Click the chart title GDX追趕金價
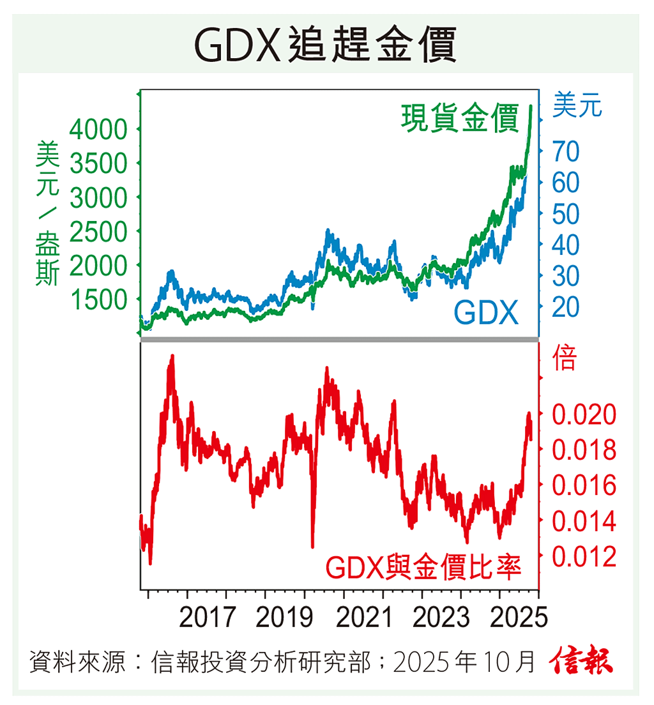pos(326,43)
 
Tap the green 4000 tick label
pos(98,131)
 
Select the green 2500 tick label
pos(98,232)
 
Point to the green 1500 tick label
pos(98,299)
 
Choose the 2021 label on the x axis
pos(363,618)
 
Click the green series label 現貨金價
pos(460,119)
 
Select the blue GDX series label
pos(486,313)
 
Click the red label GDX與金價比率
pos(423,566)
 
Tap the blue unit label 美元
pos(577,105)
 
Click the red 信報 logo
pos(582,662)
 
